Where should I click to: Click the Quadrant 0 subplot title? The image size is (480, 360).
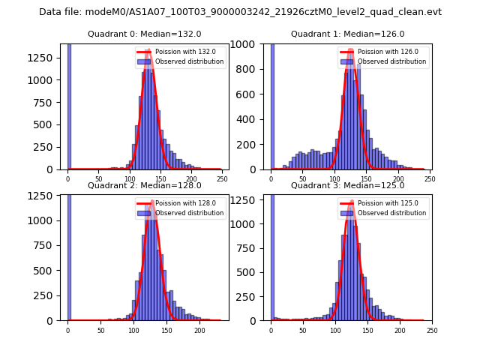pyautogui.click(x=144, y=34)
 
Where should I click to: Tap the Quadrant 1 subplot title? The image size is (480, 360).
pyautogui.click(x=347, y=34)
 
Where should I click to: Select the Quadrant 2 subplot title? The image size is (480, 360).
pyautogui.click(x=144, y=185)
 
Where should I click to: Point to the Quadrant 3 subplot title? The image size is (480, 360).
pyautogui.click(x=347, y=185)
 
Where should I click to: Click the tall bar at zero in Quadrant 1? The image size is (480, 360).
pyautogui.click(x=271, y=105)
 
